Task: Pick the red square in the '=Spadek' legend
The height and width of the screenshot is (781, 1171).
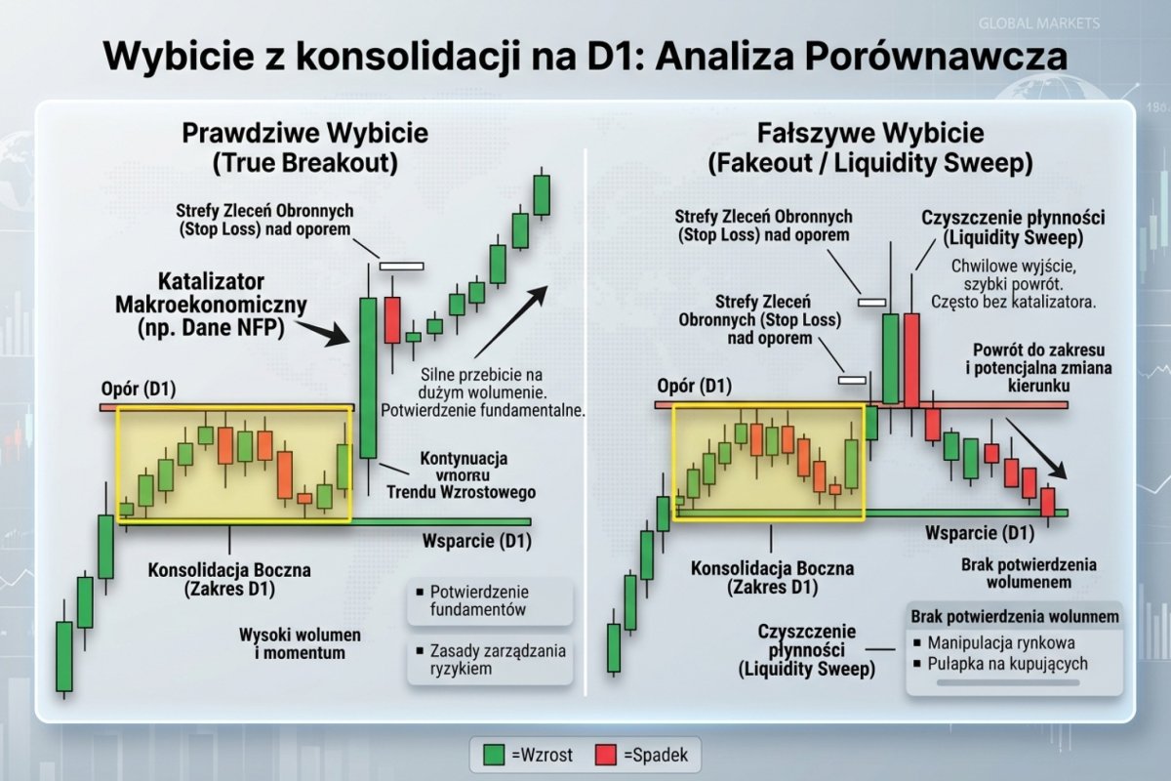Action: (x=606, y=755)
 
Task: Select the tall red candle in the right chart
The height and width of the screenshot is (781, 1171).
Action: (x=911, y=359)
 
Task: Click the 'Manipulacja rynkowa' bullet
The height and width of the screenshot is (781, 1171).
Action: (x=1001, y=642)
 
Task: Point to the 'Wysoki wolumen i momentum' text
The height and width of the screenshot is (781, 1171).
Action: (x=292, y=642)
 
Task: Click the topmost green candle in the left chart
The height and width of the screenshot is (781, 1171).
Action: (x=542, y=192)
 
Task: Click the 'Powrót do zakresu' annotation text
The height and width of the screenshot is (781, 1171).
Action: (x=1042, y=350)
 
